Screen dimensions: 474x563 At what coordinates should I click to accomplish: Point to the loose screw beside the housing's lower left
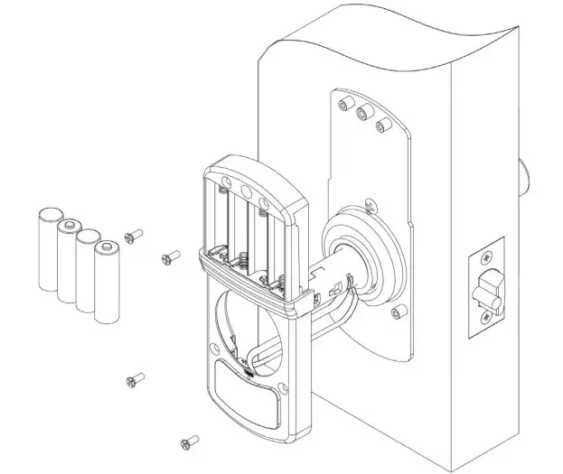[x=136, y=378]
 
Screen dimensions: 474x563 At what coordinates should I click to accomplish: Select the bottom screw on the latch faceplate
[x=488, y=318]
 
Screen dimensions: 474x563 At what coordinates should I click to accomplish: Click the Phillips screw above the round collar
[x=371, y=205]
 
